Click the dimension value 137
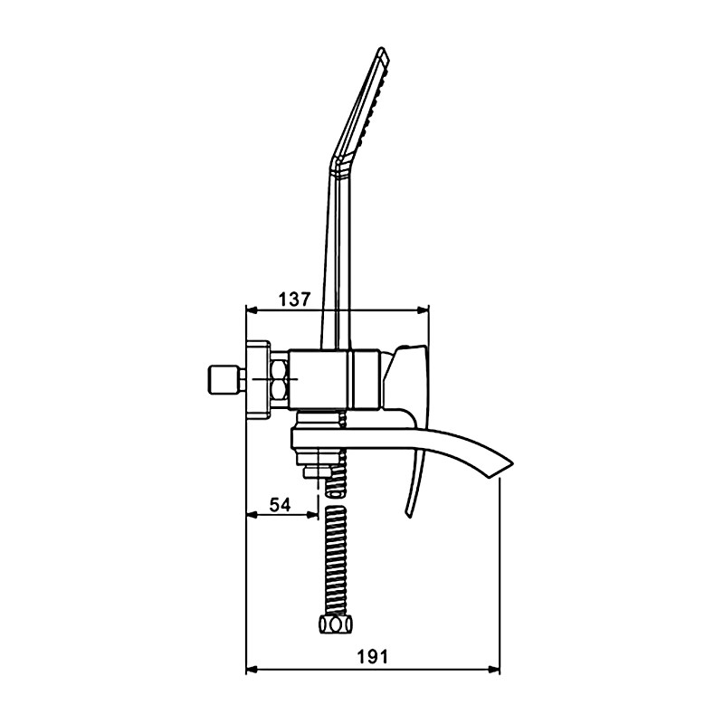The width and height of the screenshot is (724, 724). [296, 300]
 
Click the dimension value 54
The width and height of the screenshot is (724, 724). [281, 505]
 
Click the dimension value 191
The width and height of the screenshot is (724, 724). [373, 656]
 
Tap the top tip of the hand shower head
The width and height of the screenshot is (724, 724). [382, 48]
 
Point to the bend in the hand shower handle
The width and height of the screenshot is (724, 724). [337, 163]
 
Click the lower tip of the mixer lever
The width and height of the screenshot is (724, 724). [408, 514]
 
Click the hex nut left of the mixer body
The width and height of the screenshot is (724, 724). [281, 379]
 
